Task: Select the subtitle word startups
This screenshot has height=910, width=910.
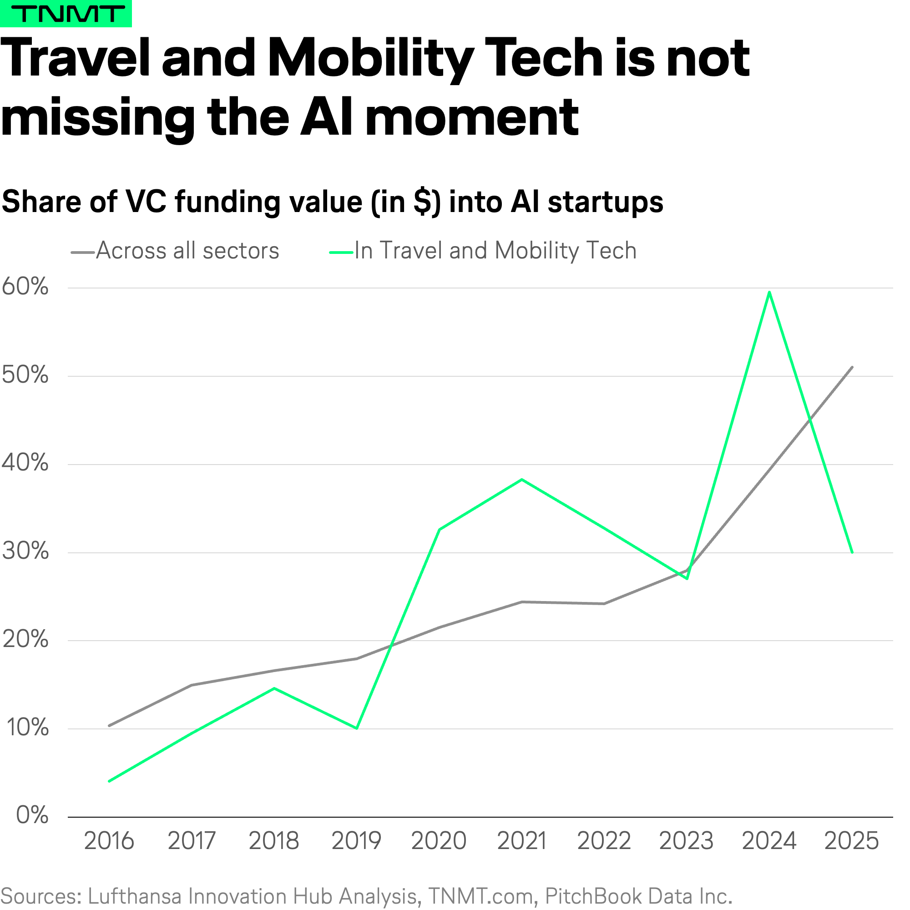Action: [x=606, y=202]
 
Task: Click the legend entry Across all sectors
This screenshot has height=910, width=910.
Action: [x=187, y=251]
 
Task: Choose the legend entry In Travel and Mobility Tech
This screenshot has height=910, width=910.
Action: [x=495, y=251]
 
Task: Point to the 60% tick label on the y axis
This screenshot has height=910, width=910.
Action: [x=25, y=286]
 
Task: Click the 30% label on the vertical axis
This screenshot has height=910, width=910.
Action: [x=25, y=551]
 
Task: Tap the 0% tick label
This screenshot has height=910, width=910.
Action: [x=32, y=815]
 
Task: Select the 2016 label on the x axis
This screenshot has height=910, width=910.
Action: [x=109, y=841]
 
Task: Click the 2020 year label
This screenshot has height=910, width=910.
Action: [x=439, y=841]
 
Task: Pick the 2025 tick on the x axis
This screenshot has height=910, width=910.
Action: [x=852, y=841]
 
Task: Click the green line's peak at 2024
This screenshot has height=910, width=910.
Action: [x=769, y=292]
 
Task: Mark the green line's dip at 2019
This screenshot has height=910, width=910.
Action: [x=357, y=728]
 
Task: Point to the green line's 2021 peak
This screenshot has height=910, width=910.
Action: [x=522, y=480]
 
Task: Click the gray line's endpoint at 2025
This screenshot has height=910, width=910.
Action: [x=852, y=367]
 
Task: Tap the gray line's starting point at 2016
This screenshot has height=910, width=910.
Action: [x=109, y=726]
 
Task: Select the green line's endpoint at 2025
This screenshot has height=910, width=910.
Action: [x=852, y=552]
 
